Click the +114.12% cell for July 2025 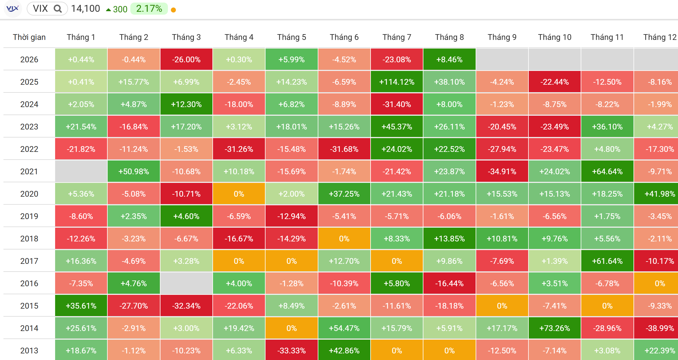(x=397, y=82)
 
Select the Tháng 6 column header (x=344, y=37)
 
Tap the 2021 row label (x=29, y=171)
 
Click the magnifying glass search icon (x=58, y=9)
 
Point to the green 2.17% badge (x=149, y=9)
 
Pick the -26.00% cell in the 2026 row (x=186, y=59)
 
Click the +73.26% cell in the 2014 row (x=555, y=328)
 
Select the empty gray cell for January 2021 (x=81, y=171)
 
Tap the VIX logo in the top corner (x=13, y=9)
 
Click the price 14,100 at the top (x=86, y=9)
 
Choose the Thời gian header (x=29, y=37)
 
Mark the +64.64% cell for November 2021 (x=607, y=171)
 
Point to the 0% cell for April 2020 (x=239, y=194)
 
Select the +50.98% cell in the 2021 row (x=134, y=171)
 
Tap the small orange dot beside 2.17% (x=173, y=10)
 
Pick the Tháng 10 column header (x=555, y=37)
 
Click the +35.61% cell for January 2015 (x=81, y=306)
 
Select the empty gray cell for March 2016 (x=186, y=283)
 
